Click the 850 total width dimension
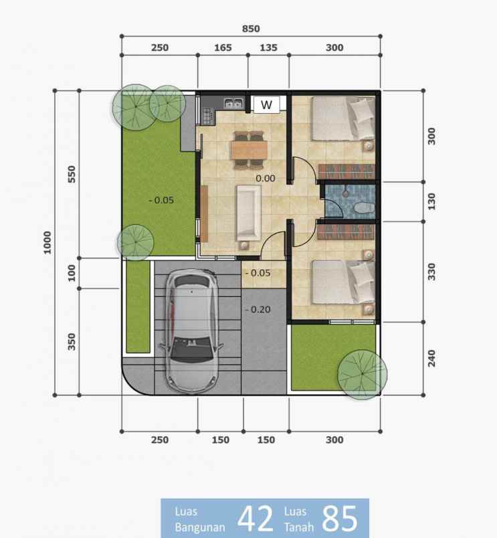pos(252,28)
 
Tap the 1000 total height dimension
pos(47,242)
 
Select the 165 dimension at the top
pos(222,48)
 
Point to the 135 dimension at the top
pos(268,48)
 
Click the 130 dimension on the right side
pos(431,201)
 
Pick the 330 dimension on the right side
pos(431,271)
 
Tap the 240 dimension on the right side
pos(431,358)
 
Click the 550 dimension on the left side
pos(72,173)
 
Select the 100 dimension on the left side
pos(72,272)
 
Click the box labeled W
pos(266,104)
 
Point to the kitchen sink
pos(233,103)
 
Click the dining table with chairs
pos(249,148)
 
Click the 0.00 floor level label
pos(266,179)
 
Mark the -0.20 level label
pos(257,309)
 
